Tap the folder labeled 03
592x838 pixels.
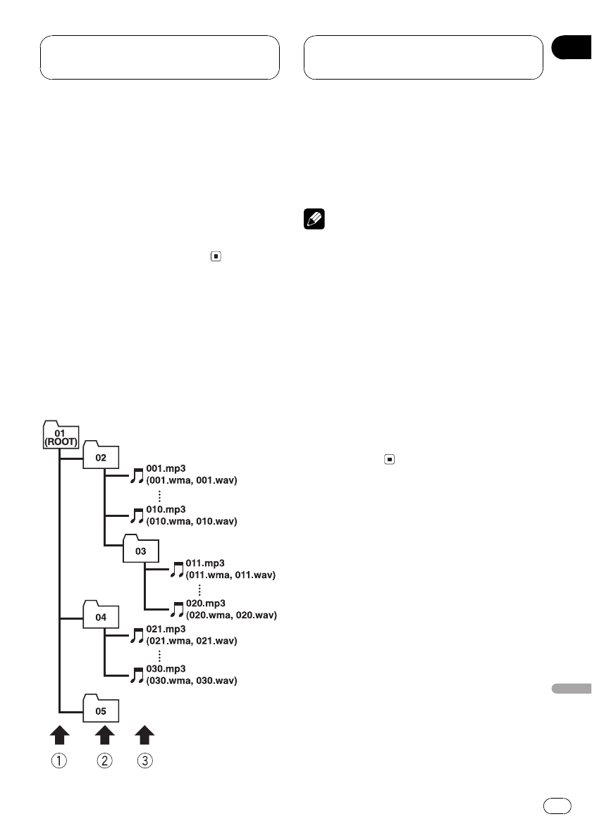click(142, 549)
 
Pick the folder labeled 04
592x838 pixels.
click(101, 617)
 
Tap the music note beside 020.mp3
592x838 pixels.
click(177, 609)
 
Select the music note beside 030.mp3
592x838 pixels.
click(137, 675)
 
